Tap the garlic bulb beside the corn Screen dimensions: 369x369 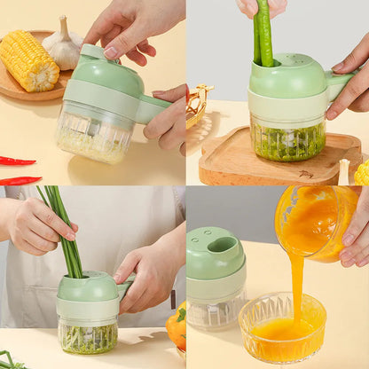point(64,45)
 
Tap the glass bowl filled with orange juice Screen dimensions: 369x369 point(282,328)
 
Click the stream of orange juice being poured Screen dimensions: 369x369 point(296,284)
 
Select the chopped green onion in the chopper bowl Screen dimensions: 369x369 point(88,337)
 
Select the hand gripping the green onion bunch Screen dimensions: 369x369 point(35,226)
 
